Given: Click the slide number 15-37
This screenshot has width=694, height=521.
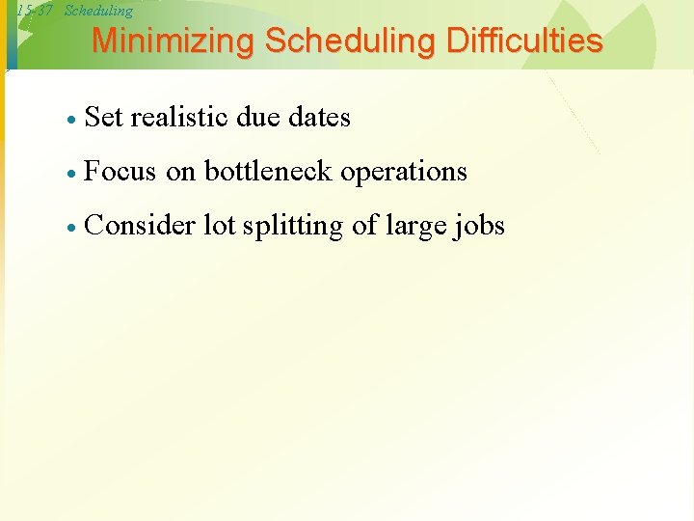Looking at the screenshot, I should (35, 11).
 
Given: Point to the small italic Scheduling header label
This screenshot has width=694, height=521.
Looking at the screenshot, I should (98, 11).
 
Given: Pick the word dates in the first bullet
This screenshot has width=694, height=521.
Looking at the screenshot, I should (320, 118).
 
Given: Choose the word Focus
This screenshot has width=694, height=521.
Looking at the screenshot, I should (120, 172).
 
